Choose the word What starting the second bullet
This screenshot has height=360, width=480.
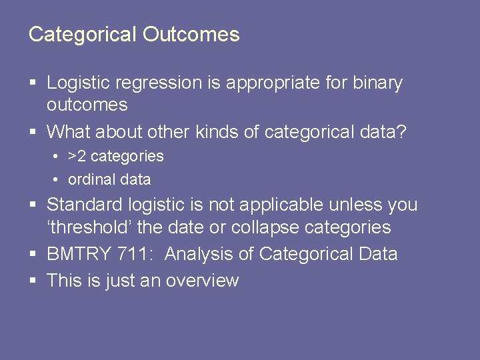point(68,132)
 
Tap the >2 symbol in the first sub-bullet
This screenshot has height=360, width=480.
point(77,157)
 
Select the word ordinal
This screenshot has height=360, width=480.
point(90,179)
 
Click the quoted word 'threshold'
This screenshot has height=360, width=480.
point(89,227)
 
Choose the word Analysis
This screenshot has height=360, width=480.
point(197,254)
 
